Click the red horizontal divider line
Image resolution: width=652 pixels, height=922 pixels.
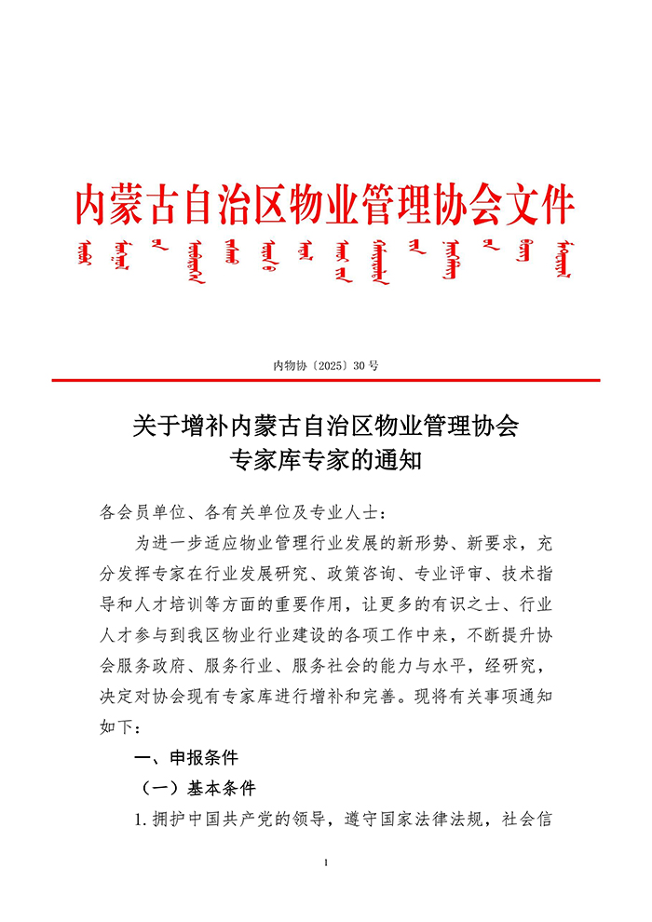325,380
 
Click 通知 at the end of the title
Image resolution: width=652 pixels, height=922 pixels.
401,459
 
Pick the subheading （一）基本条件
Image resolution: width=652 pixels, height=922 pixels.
197,788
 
